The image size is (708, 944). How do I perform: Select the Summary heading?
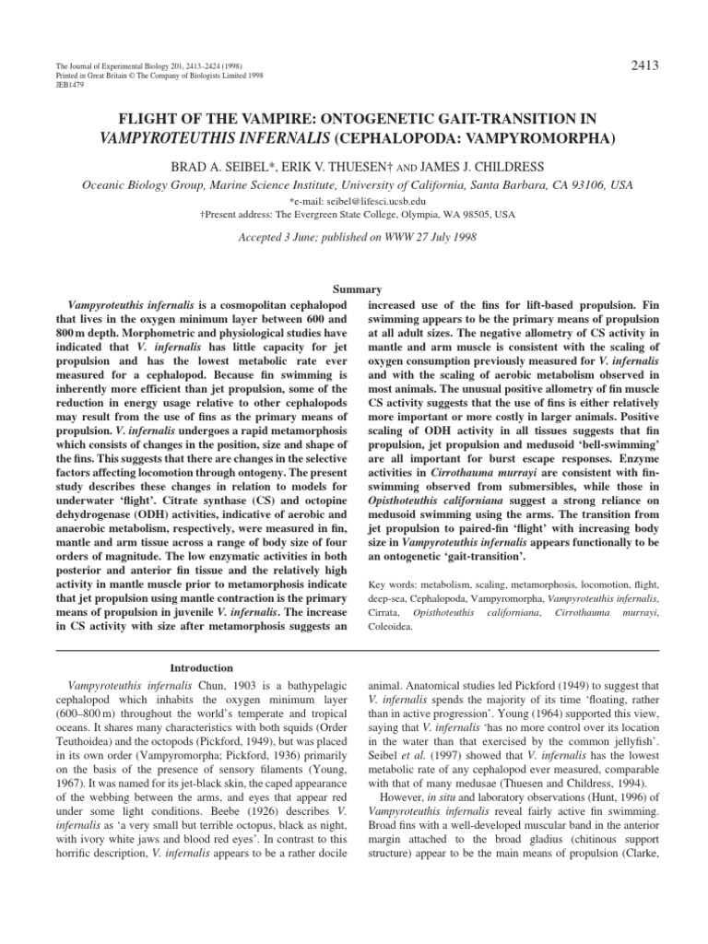tap(354, 289)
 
